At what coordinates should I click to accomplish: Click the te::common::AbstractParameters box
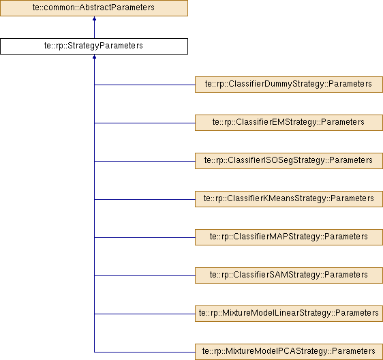click(94, 8)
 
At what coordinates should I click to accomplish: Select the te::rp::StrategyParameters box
click(94, 46)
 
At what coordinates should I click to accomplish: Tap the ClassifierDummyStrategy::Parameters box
click(289, 85)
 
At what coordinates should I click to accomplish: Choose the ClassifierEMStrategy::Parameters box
click(289, 123)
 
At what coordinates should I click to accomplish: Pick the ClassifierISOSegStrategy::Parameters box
click(289, 161)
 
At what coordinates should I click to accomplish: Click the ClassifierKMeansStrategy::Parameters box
click(289, 199)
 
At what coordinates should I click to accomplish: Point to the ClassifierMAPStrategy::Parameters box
click(289, 237)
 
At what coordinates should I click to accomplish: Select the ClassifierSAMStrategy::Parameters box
click(289, 275)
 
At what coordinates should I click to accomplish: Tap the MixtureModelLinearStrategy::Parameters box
click(289, 314)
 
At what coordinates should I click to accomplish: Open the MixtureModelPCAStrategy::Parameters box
click(289, 352)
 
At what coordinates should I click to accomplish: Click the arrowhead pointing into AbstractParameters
click(94, 18)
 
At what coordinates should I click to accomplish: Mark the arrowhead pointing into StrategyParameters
click(94, 57)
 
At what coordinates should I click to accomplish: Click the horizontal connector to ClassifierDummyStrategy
click(144, 85)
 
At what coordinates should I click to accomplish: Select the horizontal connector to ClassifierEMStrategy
click(144, 123)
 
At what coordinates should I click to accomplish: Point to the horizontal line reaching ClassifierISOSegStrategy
click(144, 161)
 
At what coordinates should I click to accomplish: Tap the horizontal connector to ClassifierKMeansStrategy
click(144, 199)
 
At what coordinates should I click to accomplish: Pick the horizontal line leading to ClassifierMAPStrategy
click(144, 237)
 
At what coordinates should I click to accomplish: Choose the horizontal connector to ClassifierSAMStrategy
click(144, 275)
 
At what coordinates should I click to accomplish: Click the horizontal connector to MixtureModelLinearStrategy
click(144, 314)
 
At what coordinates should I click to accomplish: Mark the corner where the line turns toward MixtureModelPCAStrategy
click(94, 352)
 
